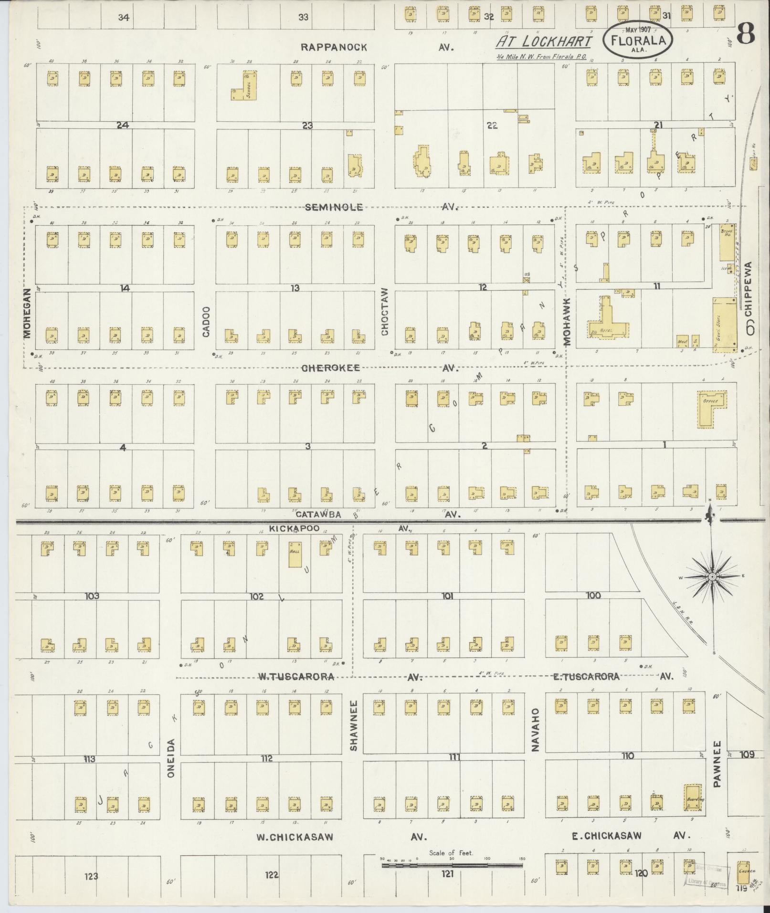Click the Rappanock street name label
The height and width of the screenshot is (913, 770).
334,47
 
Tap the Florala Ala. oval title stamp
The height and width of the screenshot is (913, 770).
638,41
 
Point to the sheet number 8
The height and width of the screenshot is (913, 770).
746,34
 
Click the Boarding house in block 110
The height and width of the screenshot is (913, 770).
692,797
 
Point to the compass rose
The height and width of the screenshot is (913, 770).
711,577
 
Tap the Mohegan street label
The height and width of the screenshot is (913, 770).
27,313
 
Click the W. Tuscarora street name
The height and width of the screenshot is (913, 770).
296,676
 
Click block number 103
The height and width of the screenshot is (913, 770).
92,596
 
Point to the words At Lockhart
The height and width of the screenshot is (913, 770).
543,42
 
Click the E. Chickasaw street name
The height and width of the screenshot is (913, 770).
606,836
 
